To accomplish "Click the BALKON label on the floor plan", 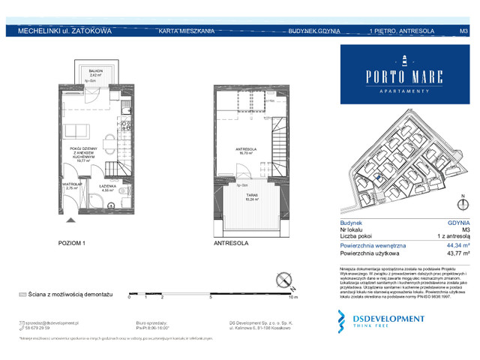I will coord(95,71).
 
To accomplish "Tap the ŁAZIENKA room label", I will coord(109,187).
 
